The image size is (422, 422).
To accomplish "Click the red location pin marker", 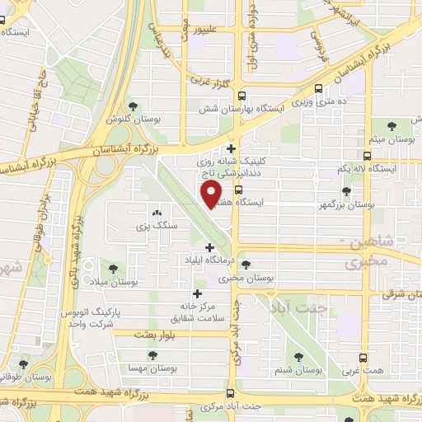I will point(212,195).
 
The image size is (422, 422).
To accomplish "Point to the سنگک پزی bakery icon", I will point(157,213).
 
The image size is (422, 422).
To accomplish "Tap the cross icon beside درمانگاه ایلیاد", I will point(209,247).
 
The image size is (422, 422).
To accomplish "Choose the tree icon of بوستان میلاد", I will point(112,268).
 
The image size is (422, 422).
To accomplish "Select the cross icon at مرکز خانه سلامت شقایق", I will point(197,293).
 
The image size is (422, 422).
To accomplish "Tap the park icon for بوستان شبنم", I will point(299,357).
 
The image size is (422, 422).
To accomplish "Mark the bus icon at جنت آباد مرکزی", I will point(231,393).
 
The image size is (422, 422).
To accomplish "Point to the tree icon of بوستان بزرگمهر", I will point(345,190).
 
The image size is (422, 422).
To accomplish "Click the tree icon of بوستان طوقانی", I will point(23,363).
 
